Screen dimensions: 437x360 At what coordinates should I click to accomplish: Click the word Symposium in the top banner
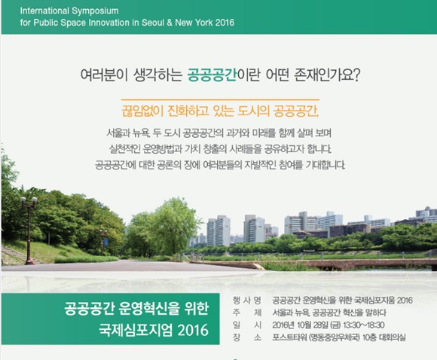pos(96,11)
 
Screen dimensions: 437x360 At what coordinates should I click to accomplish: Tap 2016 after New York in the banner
pos(225,23)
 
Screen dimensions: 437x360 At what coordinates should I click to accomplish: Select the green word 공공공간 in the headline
pos(212,75)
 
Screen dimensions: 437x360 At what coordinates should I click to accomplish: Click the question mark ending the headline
pos(357,75)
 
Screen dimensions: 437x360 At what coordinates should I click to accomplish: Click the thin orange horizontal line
pos(220,99)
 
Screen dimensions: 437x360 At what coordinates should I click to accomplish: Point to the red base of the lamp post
pos(29,261)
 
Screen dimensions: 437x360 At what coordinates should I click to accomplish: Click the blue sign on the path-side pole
pos(105,242)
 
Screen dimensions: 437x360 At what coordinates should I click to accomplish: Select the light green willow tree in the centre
pos(167,226)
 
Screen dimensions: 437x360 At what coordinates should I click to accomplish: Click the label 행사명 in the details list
pos(247,301)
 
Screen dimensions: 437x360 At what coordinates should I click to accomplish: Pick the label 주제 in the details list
pos(247,313)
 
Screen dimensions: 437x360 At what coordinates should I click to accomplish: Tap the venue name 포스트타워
pos(289,337)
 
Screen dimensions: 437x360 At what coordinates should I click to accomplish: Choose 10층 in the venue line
pos(369,337)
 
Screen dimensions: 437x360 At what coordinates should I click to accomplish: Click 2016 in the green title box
pos(193,330)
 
